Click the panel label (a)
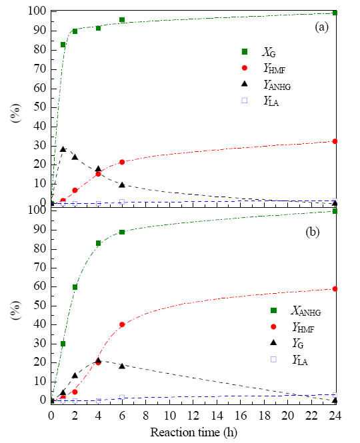pos(321,27)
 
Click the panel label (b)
pos(313,232)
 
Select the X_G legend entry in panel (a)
pos(259,52)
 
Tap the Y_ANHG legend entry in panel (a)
pos(267,85)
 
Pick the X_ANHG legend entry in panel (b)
pos(296,311)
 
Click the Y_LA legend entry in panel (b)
pos(289,360)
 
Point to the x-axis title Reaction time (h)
pos(193,432)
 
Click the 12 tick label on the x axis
pos(193,416)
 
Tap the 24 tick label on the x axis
pos(335,416)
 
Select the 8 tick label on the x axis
pos(145,416)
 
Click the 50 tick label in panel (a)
pos(40,107)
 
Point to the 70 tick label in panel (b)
pos(40,267)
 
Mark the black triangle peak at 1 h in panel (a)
pos(63,149)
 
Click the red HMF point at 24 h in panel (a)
pos(335,141)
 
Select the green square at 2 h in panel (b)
pos(75,287)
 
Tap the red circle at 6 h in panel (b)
pos(122,324)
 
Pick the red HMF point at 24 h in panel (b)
pos(335,288)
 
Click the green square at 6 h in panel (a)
pos(122,20)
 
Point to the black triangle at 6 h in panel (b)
pos(122,366)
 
